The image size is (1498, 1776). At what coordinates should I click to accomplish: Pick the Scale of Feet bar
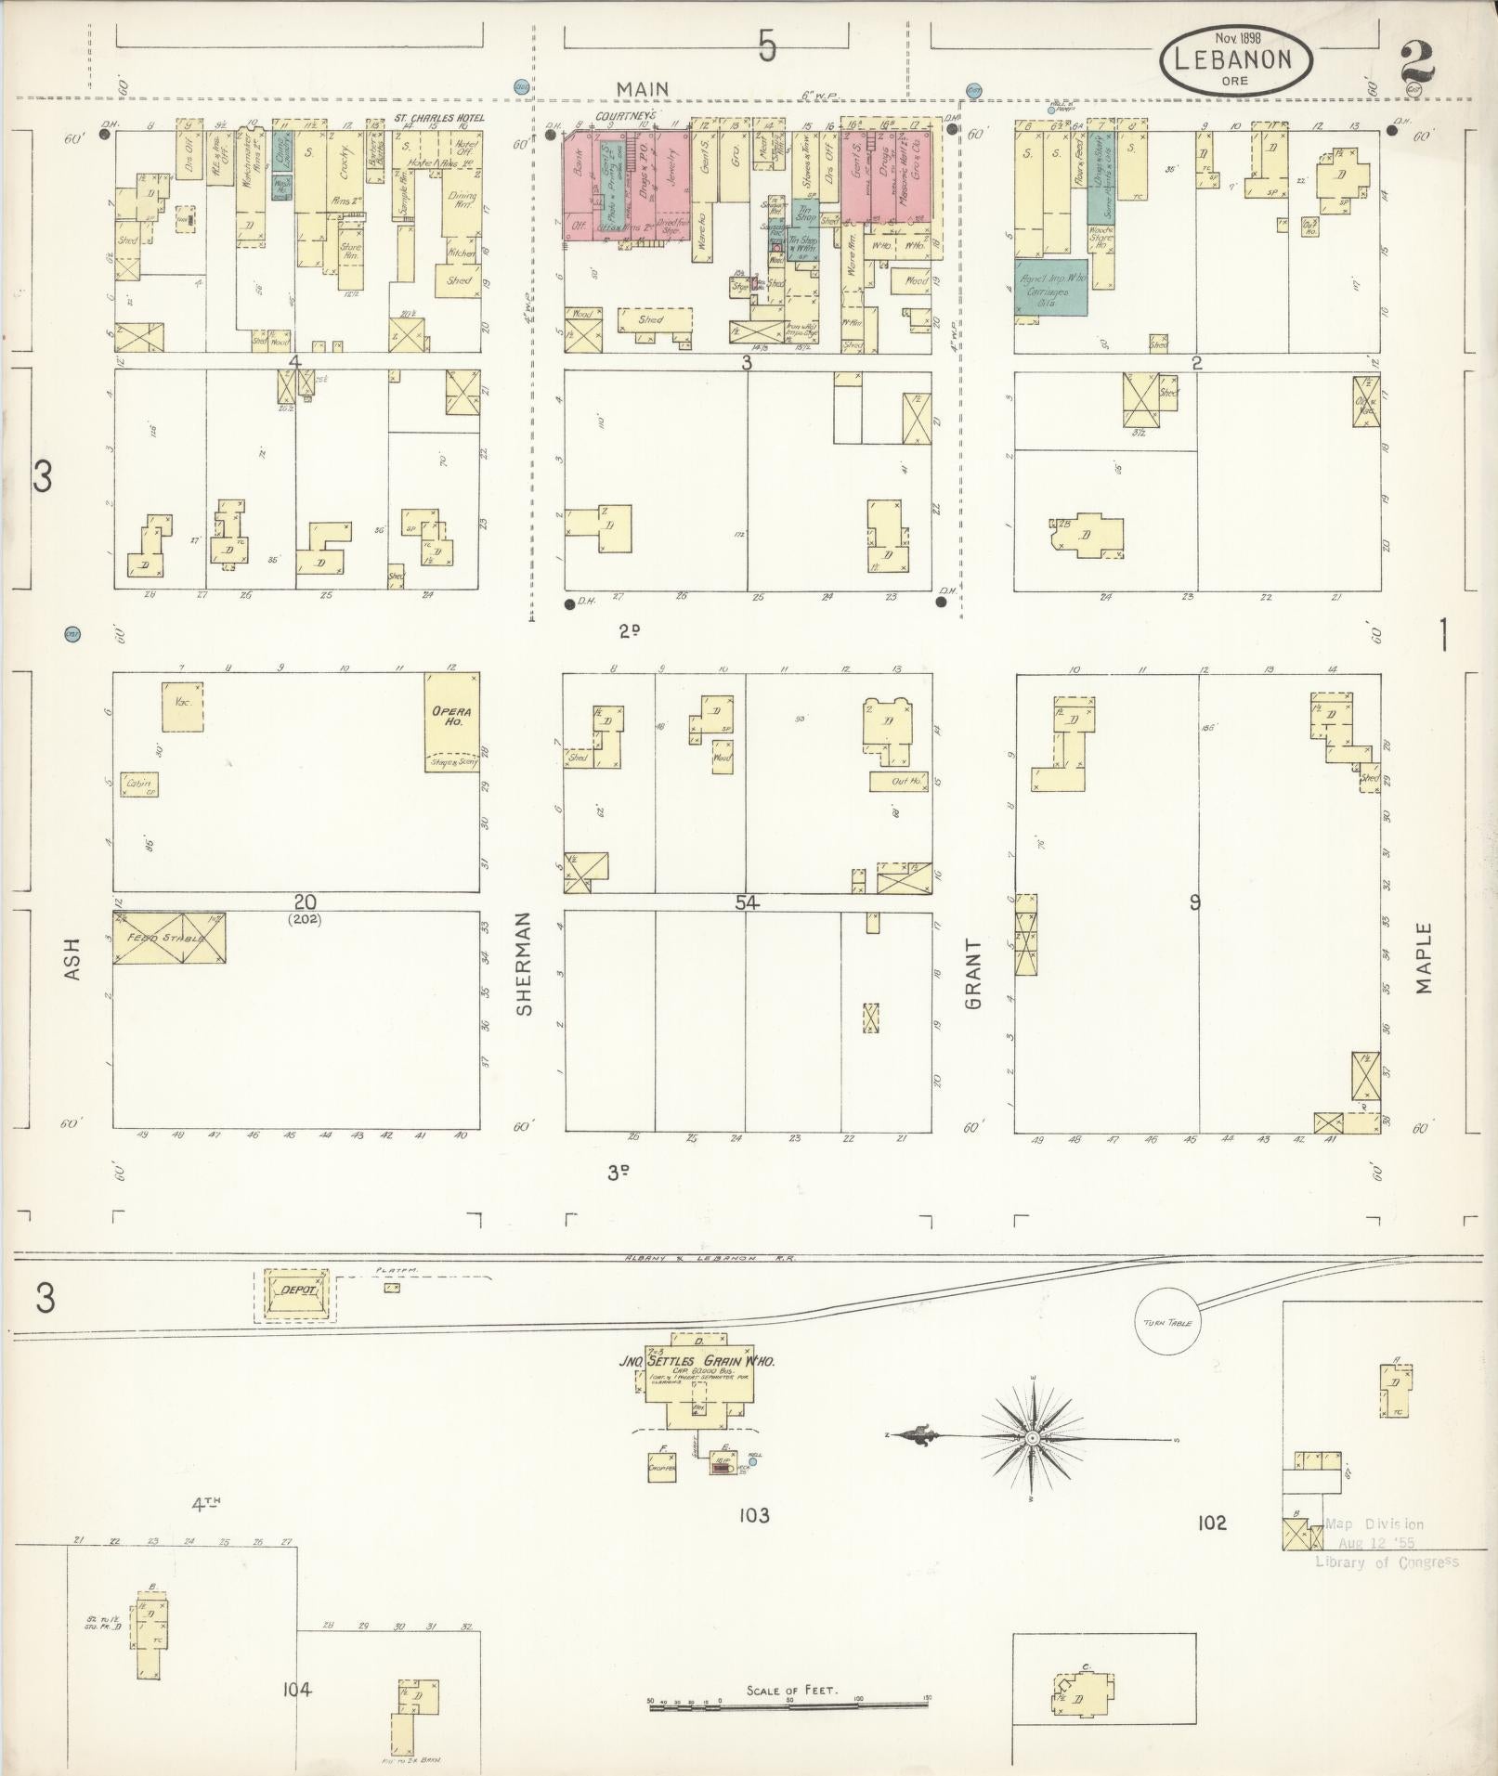pos(790,1704)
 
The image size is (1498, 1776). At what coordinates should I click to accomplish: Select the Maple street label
pos(1425,957)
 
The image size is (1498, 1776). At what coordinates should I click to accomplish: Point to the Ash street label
pos(73,958)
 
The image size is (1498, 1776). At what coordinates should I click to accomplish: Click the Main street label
pos(644,88)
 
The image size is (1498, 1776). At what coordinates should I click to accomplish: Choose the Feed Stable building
pos(169,938)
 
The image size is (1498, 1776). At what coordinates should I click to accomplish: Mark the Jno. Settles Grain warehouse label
pos(697,1361)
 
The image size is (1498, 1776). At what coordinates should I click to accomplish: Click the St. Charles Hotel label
pos(438,118)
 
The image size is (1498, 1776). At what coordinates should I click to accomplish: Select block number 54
pos(747,901)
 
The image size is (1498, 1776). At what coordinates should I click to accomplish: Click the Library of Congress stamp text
pos(1386,1562)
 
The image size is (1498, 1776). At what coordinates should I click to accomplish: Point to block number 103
pos(753,1515)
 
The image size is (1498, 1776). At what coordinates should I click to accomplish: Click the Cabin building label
pos(138,784)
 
